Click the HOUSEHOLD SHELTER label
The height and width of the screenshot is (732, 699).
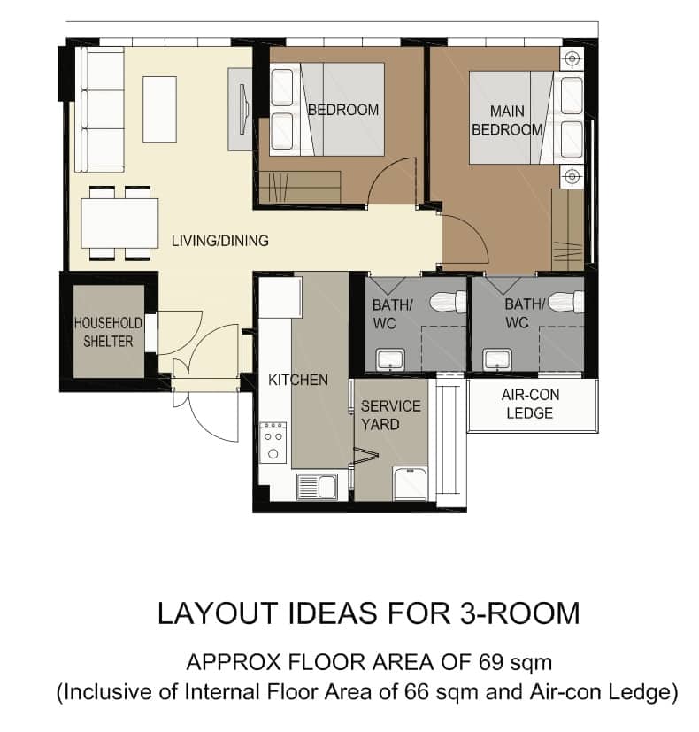[108, 332]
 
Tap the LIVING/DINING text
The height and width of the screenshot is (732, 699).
[220, 241]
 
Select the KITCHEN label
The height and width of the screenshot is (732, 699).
[298, 380]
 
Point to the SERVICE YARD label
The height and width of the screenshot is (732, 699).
[390, 415]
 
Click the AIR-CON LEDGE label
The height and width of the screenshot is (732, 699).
[530, 404]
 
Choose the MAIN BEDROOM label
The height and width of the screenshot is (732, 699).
[507, 120]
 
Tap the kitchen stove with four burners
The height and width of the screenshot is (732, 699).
[273, 443]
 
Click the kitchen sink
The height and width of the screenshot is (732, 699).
[317, 487]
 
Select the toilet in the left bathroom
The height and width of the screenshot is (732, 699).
[448, 303]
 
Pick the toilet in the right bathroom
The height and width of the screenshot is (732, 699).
[565, 302]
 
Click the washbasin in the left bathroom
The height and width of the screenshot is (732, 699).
[390, 359]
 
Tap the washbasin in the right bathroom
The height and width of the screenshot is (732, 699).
[498, 359]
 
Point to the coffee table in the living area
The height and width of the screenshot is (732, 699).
[159, 109]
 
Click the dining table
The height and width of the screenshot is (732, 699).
[119, 223]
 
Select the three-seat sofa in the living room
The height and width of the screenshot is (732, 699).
[100, 109]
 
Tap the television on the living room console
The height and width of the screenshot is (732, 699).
[244, 109]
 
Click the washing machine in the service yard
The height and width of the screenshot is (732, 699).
[410, 483]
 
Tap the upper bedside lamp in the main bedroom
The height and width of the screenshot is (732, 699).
[572, 58]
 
